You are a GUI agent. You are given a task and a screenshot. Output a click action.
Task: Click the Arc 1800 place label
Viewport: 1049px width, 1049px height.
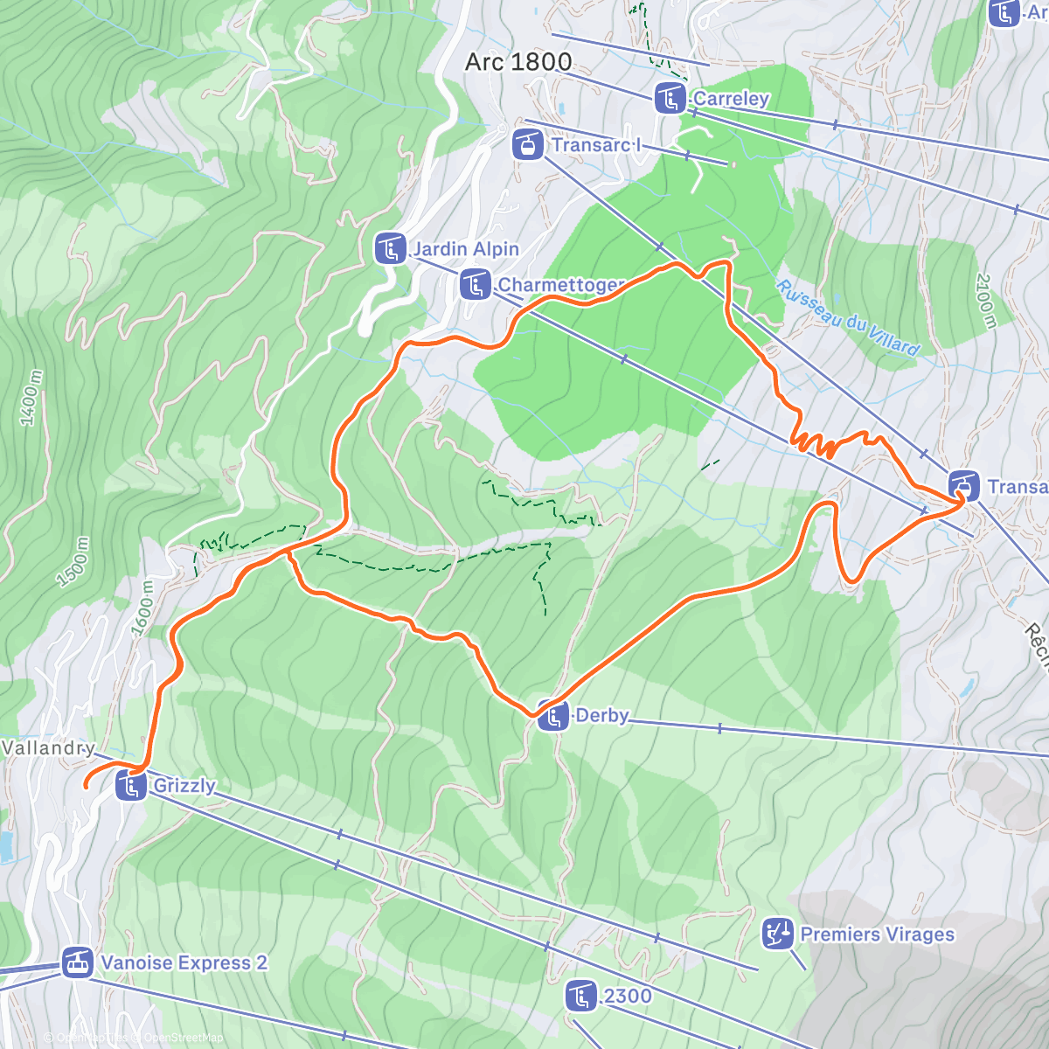[x=518, y=62]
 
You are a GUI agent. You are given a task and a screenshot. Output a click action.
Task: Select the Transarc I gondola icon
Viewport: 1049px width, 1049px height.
[x=527, y=143]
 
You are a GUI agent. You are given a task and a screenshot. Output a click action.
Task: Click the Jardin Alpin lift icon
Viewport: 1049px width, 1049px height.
[x=390, y=248]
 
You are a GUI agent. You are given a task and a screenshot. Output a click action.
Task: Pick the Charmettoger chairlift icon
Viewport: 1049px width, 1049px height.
[x=475, y=284]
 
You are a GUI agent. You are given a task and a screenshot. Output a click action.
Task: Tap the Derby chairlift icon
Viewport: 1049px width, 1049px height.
[x=552, y=716]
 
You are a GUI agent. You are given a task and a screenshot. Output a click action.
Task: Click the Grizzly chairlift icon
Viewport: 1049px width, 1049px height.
[x=131, y=785]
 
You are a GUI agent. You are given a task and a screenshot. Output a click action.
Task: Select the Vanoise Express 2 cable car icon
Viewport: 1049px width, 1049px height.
[x=77, y=962]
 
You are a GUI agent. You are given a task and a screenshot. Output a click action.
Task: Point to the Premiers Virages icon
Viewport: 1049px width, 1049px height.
[x=777, y=934]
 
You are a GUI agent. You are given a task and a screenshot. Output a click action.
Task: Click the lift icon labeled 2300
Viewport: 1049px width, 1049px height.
[x=581, y=996]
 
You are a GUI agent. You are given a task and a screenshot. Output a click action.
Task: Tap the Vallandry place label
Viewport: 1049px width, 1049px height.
[x=47, y=748]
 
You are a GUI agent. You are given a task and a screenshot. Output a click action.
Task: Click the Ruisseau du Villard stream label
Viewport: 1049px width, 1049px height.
[x=848, y=318]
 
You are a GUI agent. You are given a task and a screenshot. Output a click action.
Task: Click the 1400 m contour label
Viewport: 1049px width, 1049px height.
[x=31, y=399]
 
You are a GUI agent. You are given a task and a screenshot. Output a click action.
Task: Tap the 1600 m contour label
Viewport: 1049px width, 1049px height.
[x=142, y=608]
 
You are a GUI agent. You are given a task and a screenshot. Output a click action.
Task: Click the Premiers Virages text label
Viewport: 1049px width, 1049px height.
[x=878, y=934]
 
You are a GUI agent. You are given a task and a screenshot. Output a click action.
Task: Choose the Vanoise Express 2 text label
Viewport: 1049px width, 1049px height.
[x=184, y=963]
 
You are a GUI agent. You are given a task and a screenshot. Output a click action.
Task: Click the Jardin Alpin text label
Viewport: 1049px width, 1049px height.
[x=466, y=249]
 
